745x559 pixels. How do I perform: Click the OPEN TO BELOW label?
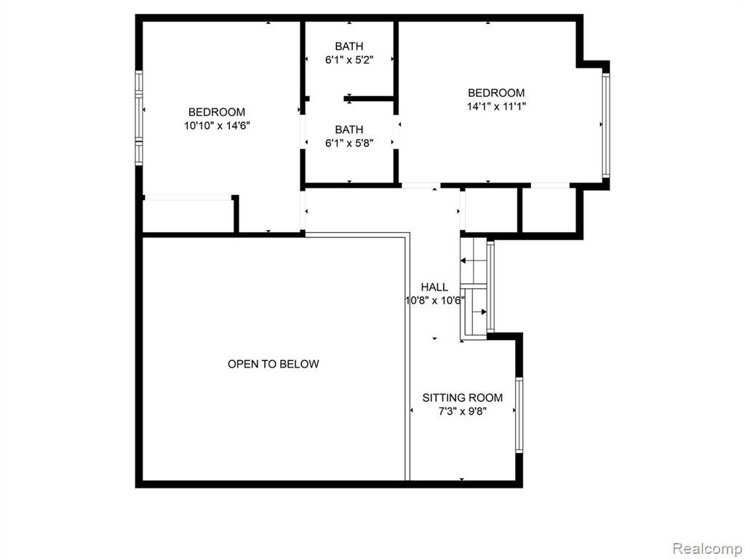(x=274, y=364)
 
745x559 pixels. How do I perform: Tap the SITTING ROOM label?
(x=462, y=398)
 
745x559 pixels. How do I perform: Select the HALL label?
(x=434, y=287)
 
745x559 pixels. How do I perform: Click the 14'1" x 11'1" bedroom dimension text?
(x=496, y=106)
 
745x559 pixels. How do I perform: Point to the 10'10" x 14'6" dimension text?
(x=217, y=126)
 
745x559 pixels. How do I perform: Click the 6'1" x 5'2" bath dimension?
(x=349, y=60)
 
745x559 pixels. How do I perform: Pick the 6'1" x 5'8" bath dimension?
(x=349, y=143)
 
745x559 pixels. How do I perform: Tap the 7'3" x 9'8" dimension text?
(x=462, y=411)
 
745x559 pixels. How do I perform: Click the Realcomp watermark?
(x=707, y=549)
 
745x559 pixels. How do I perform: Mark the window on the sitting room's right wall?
(x=519, y=415)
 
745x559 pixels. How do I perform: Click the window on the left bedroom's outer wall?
(x=139, y=118)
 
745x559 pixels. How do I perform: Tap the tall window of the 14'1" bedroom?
(x=606, y=125)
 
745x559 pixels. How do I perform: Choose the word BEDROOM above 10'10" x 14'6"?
(x=217, y=112)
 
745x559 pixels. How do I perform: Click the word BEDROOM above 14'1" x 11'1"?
(x=496, y=92)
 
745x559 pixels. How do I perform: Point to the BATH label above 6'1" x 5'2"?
(x=349, y=46)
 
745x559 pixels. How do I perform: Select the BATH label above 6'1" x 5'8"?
(x=349, y=130)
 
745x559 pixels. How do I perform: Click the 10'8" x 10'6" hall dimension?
(x=435, y=301)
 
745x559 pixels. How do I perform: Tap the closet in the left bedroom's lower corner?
(x=188, y=215)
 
